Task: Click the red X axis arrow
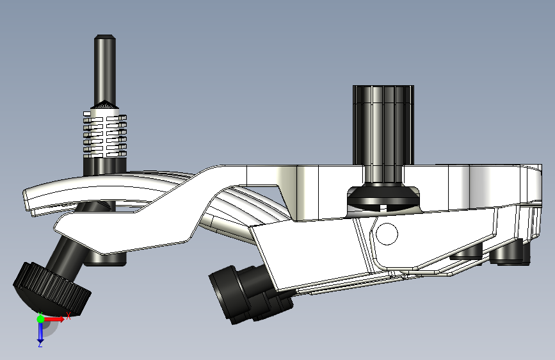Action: coord(54,319)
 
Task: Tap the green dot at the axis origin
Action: coord(40,319)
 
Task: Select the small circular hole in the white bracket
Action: coord(387,234)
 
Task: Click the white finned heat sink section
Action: coord(105,133)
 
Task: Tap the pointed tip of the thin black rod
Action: coord(105,36)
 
